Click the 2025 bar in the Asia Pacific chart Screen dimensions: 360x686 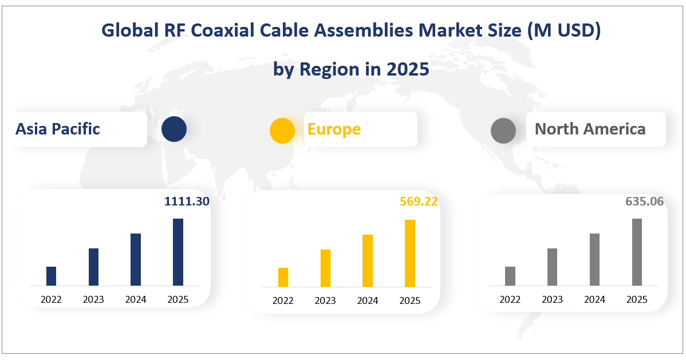coord(178,252)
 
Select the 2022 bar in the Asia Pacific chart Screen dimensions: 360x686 coord(52,276)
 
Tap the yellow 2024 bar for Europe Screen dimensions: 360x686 coord(368,260)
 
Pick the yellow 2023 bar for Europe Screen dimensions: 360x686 coord(325,268)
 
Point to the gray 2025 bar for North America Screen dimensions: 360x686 coord(637,252)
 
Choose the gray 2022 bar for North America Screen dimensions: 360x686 coord(510,276)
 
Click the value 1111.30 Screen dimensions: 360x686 coord(187,201)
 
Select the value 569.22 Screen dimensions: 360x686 coord(419,201)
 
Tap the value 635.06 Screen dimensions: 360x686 coord(645,201)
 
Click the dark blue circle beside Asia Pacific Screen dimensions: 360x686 coord(174,129)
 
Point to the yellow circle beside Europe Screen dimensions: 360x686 coord(282,130)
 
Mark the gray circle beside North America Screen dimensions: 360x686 coord(503,130)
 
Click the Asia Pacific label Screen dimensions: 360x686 coord(58,129)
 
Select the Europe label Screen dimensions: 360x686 coord(334,129)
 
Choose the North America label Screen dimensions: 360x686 coord(590,129)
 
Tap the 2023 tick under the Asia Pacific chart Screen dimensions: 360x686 coord(94,299)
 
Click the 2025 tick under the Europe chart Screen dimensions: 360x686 coord(409,300)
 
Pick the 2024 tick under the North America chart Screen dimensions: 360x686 coord(594,299)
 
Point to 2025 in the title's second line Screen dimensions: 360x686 coord(407,69)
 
